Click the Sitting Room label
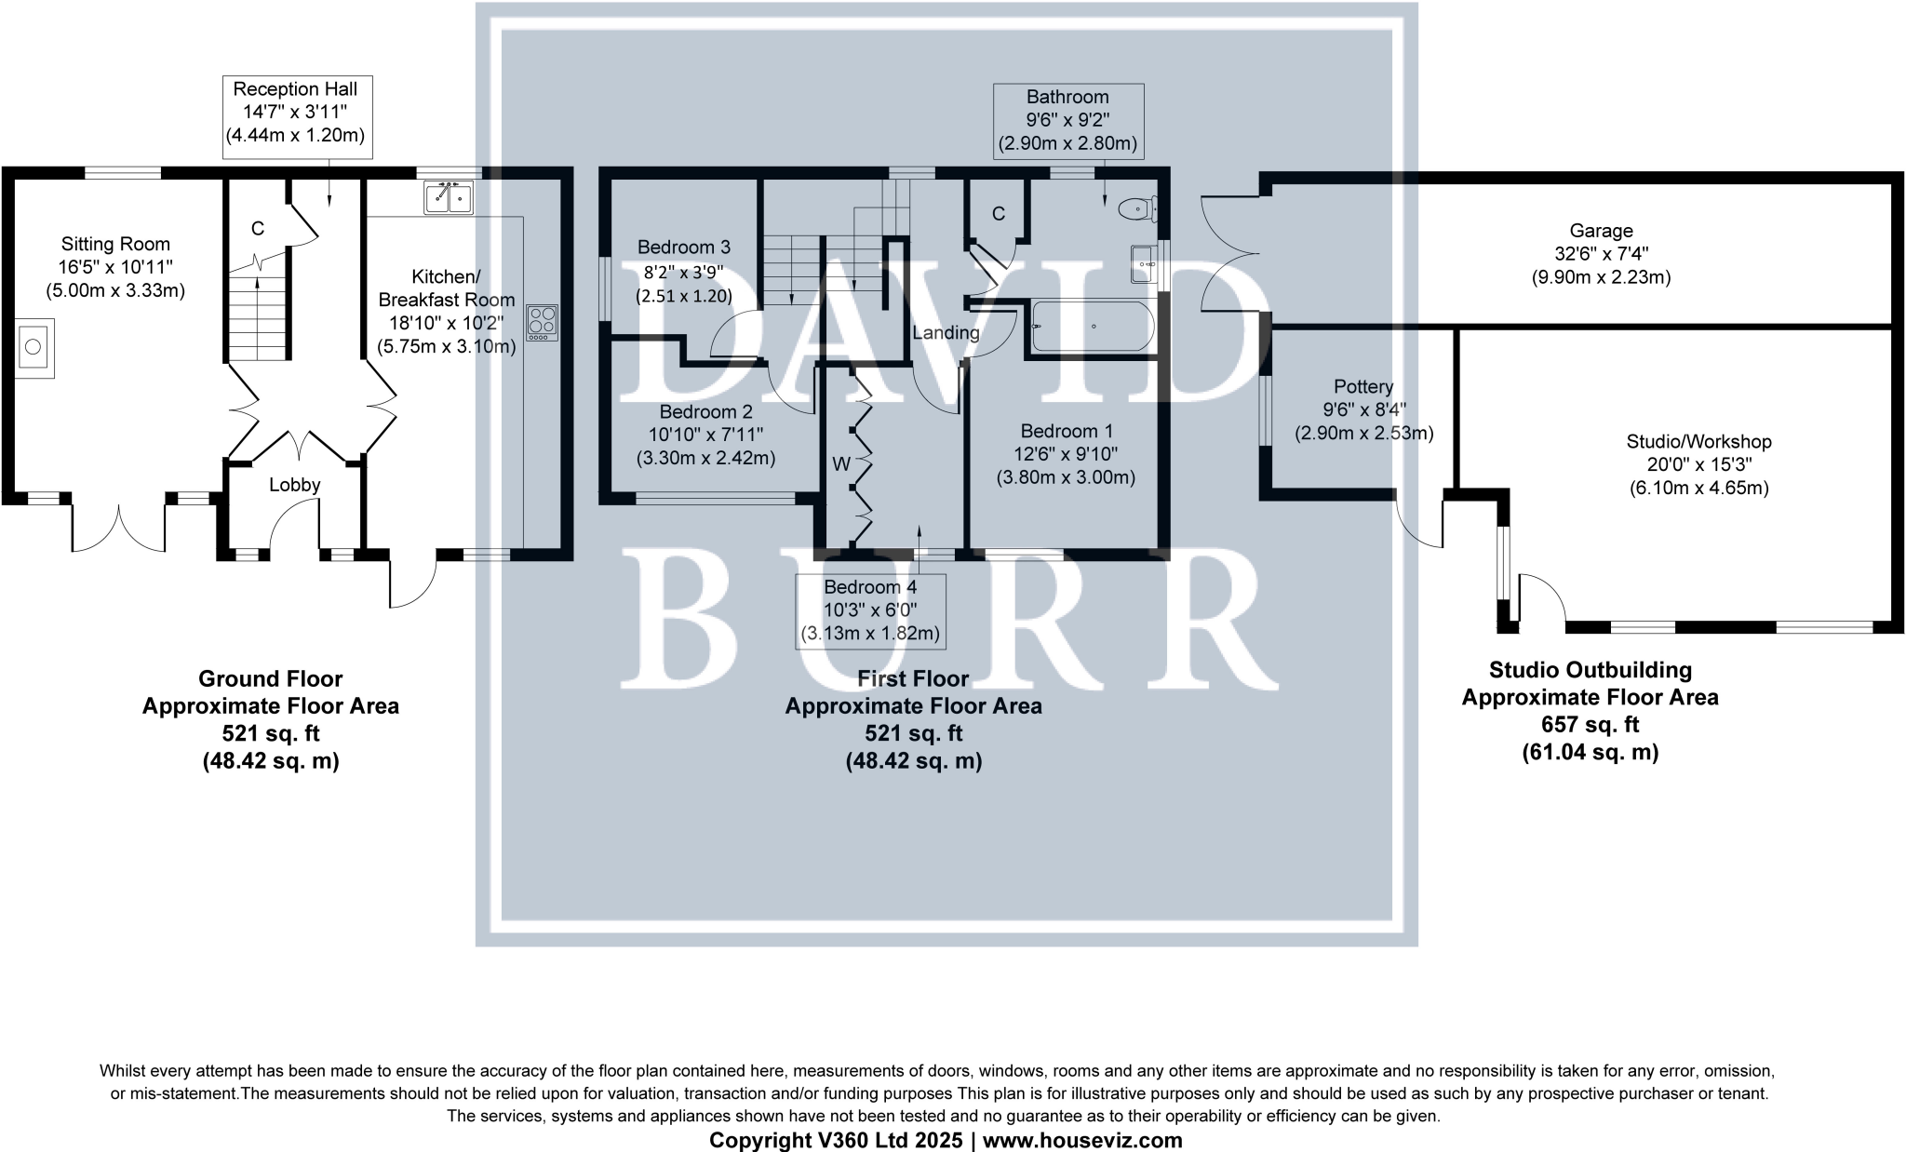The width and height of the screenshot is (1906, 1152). point(115,245)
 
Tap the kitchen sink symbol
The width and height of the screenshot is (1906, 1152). point(449,198)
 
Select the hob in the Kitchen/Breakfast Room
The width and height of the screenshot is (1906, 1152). point(542,321)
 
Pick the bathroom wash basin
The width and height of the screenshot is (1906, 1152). point(1143,263)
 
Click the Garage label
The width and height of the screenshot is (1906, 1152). point(1601,231)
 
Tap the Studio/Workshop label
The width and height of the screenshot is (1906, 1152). point(1698,442)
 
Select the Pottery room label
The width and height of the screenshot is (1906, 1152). point(1363,387)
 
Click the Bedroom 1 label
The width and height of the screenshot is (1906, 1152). point(1066,432)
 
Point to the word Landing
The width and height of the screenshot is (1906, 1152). point(946,333)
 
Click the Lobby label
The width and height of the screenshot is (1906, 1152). point(295,485)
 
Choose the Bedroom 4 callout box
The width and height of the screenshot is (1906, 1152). point(870,610)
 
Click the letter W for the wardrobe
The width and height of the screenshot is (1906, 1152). point(841,463)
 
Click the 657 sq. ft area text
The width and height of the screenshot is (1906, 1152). point(1590,725)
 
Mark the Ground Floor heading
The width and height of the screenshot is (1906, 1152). point(270,679)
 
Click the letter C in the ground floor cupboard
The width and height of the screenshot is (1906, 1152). point(258,229)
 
